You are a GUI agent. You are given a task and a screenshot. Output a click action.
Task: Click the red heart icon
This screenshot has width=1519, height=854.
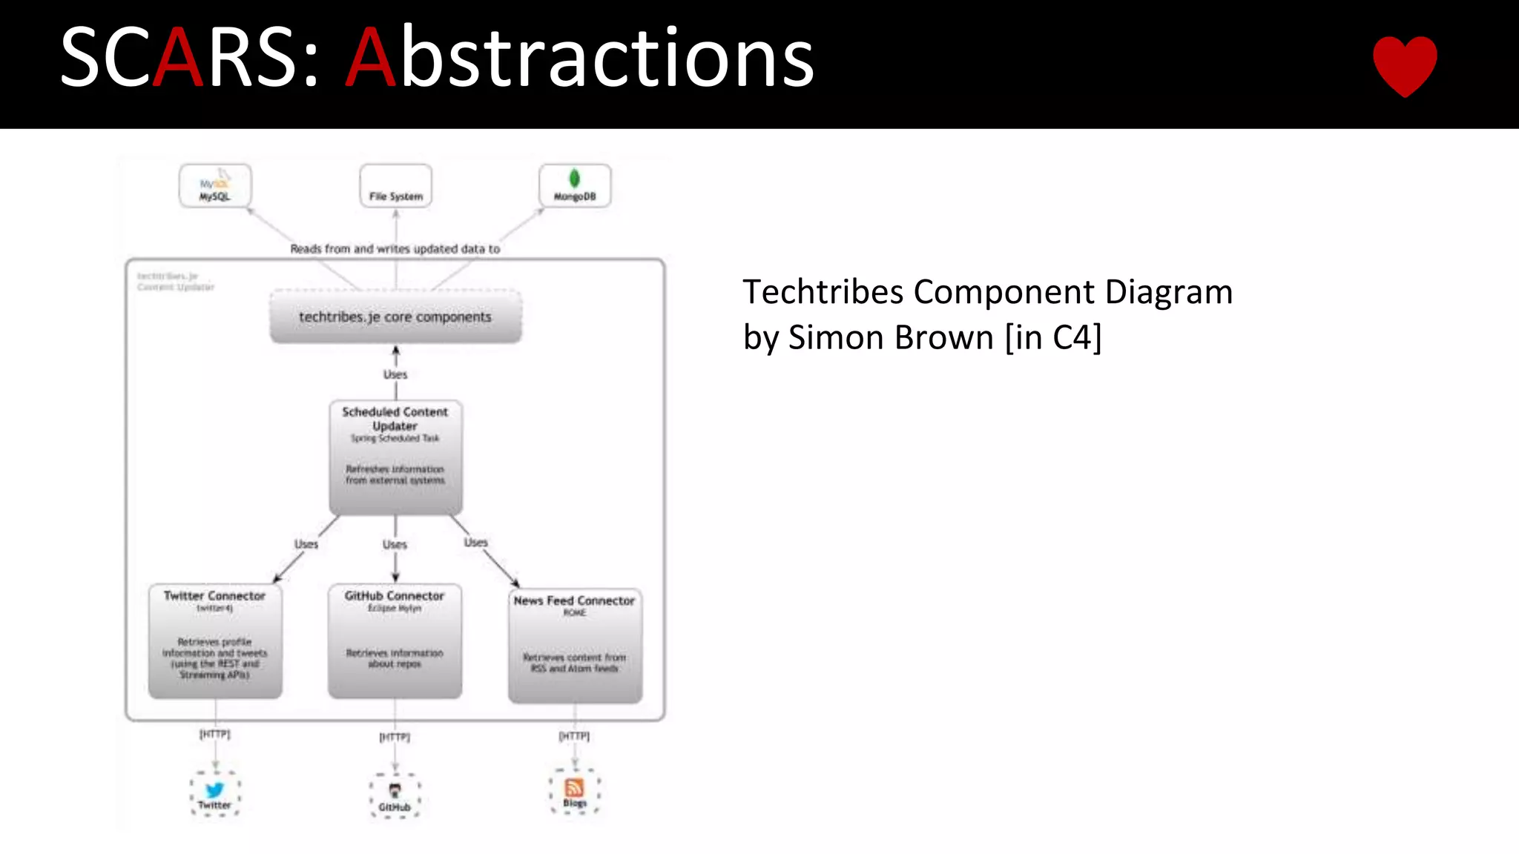pyautogui.click(x=1405, y=65)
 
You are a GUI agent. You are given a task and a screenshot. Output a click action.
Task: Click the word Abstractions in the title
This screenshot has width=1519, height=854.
pyautogui.click(x=581, y=58)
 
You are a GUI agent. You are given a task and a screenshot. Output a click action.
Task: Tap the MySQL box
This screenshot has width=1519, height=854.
pyautogui.click(x=215, y=186)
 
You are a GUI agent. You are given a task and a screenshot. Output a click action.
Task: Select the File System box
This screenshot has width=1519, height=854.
pyautogui.click(x=395, y=186)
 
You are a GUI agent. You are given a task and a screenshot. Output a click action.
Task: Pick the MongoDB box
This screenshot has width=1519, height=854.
pyautogui.click(x=575, y=186)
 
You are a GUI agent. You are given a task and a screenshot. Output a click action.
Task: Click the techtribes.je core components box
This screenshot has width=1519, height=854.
pyautogui.click(x=395, y=317)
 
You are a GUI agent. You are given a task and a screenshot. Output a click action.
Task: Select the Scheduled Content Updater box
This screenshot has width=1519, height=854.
pyautogui.click(x=395, y=457)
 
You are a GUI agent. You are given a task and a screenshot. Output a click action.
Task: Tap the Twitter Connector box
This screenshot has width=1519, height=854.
pyautogui.click(x=215, y=641)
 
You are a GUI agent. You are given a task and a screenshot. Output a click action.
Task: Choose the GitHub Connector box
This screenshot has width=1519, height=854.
pyautogui.click(x=395, y=641)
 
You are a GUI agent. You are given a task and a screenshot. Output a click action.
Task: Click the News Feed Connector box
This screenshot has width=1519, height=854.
pyautogui.click(x=575, y=645)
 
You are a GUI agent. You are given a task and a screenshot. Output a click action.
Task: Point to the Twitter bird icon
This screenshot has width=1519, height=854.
pyautogui.click(x=214, y=790)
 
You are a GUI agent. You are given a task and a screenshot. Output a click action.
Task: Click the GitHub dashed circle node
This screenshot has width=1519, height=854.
pyautogui.click(x=395, y=796)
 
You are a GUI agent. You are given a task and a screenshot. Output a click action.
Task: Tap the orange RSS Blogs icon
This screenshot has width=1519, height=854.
pyautogui.click(x=575, y=787)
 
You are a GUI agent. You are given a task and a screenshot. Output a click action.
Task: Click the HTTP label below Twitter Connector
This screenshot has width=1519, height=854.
pyautogui.click(x=215, y=734)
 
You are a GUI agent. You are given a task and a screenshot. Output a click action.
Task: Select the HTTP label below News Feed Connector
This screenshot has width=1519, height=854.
pyautogui.click(x=574, y=736)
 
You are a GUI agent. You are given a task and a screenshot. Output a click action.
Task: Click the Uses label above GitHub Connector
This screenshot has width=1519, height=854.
pyautogui.click(x=395, y=545)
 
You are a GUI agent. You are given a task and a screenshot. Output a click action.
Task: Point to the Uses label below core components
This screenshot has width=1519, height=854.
pyautogui.click(x=395, y=374)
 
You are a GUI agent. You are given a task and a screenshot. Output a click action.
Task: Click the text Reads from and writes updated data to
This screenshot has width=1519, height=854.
pyautogui.click(x=395, y=249)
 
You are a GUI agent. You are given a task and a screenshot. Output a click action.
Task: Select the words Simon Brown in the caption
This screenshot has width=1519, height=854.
pyautogui.click(x=890, y=338)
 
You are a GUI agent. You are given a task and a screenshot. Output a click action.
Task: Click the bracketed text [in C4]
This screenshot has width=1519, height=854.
pyautogui.click(x=1053, y=338)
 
